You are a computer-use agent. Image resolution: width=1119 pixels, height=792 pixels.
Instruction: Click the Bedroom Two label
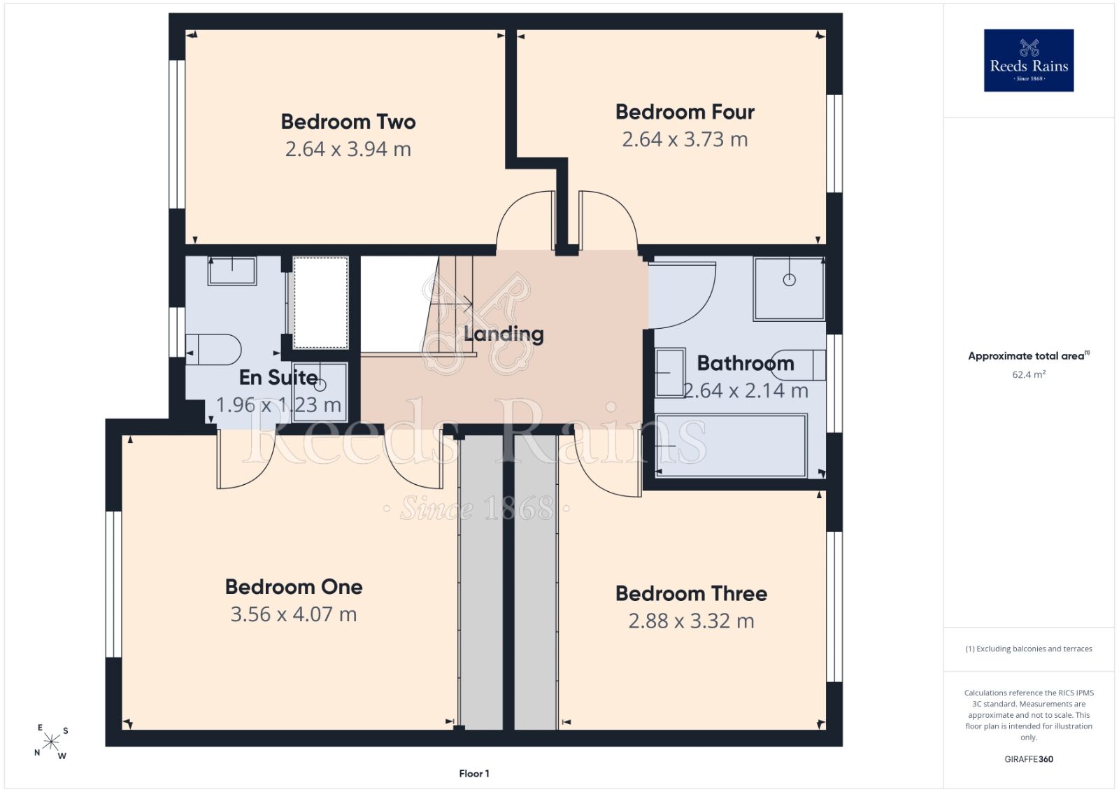[x=348, y=122]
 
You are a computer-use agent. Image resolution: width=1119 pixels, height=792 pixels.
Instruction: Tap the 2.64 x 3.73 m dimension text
[x=685, y=139]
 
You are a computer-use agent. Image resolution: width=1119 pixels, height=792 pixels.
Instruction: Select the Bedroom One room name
[x=294, y=587]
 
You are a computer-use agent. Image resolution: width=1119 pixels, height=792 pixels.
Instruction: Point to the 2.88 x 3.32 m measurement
[x=692, y=621]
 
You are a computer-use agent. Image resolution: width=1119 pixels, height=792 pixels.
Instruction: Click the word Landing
[x=504, y=334]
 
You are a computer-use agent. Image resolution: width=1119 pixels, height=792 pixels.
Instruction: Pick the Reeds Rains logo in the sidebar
[x=1029, y=60]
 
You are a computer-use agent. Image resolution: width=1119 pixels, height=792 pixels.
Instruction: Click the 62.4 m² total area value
[x=1029, y=374]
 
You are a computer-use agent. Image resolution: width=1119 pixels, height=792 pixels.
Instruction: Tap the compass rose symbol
[x=51, y=742]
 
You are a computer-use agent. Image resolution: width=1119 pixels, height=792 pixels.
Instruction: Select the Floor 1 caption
[x=474, y=774]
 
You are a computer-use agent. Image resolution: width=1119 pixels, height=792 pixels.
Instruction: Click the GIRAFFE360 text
[x=1029, y=759]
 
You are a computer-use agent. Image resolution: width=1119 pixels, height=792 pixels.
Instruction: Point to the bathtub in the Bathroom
[x=731, y=445]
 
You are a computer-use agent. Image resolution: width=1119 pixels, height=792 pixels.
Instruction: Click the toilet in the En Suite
[x=214, y=349]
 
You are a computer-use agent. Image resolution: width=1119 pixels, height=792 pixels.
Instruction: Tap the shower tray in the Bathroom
[x=789, y=289]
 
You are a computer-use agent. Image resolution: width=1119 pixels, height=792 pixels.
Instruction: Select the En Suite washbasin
[x=232, y=271]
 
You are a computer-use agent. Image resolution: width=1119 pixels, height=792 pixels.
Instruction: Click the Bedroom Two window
[x=177, y=134]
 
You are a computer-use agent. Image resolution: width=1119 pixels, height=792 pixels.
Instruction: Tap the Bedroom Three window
[x=834, y=607]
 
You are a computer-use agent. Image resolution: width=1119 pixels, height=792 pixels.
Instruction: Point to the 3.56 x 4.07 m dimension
[x=294, y=614]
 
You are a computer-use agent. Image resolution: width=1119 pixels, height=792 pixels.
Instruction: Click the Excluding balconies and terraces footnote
[x=1029, y=649]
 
